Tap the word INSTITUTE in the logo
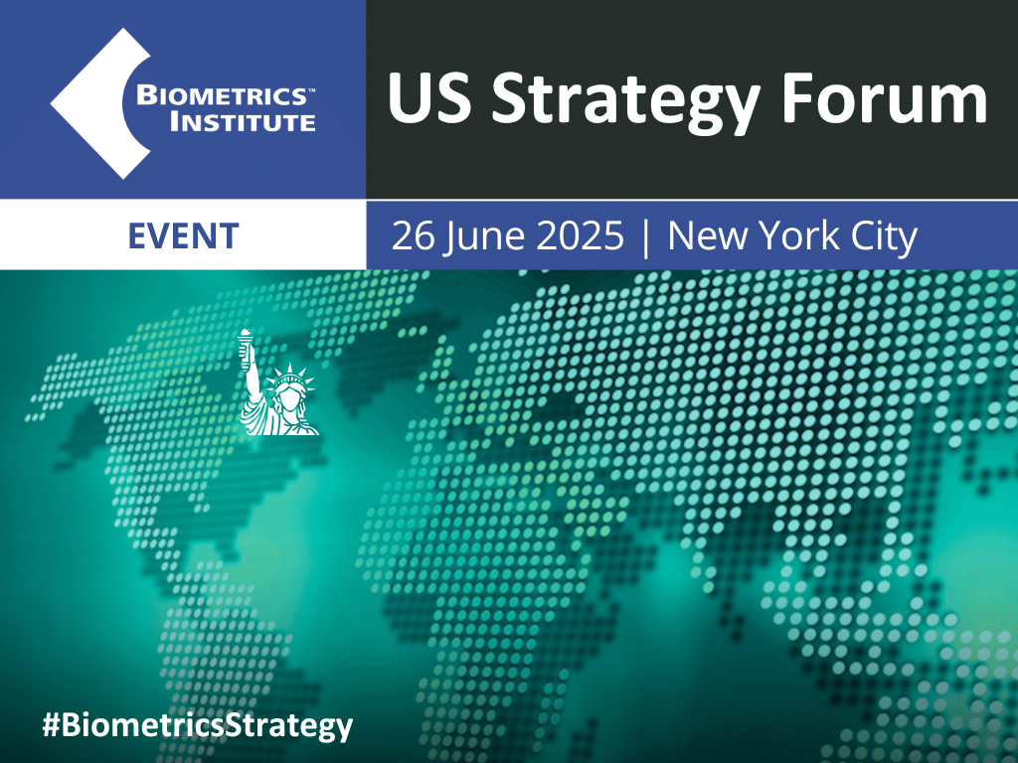[243, 123]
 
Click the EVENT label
[184, 235]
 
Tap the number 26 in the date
[412, 236]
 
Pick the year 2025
[581, 236]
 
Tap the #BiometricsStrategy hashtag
[197, 724]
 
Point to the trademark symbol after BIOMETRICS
[310, 89]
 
